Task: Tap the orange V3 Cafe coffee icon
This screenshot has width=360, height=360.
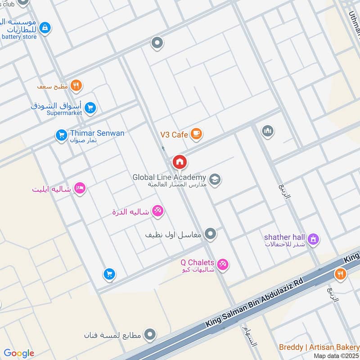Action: click(196, 134)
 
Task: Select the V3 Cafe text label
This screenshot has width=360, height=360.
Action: click(174, 134)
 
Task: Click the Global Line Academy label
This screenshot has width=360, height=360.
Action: click(169, 177)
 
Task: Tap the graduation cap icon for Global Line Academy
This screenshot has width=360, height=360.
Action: click(215, 180)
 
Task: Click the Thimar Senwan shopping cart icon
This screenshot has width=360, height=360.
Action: click(61, 135)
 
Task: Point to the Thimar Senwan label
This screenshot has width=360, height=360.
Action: click(97, 133)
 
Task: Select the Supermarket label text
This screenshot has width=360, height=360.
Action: click(64, 113)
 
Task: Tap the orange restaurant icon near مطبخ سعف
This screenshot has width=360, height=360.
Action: click(76, 85)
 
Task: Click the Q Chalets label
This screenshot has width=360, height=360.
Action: click(197, 262)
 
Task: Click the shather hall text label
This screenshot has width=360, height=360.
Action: click(285, 237)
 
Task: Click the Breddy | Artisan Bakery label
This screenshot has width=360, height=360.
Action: click(318, 347)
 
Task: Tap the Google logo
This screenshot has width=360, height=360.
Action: click(19, 353)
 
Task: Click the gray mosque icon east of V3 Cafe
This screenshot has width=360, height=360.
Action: click(268, 131)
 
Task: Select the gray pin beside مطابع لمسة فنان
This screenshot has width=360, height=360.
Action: click(151, 335)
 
